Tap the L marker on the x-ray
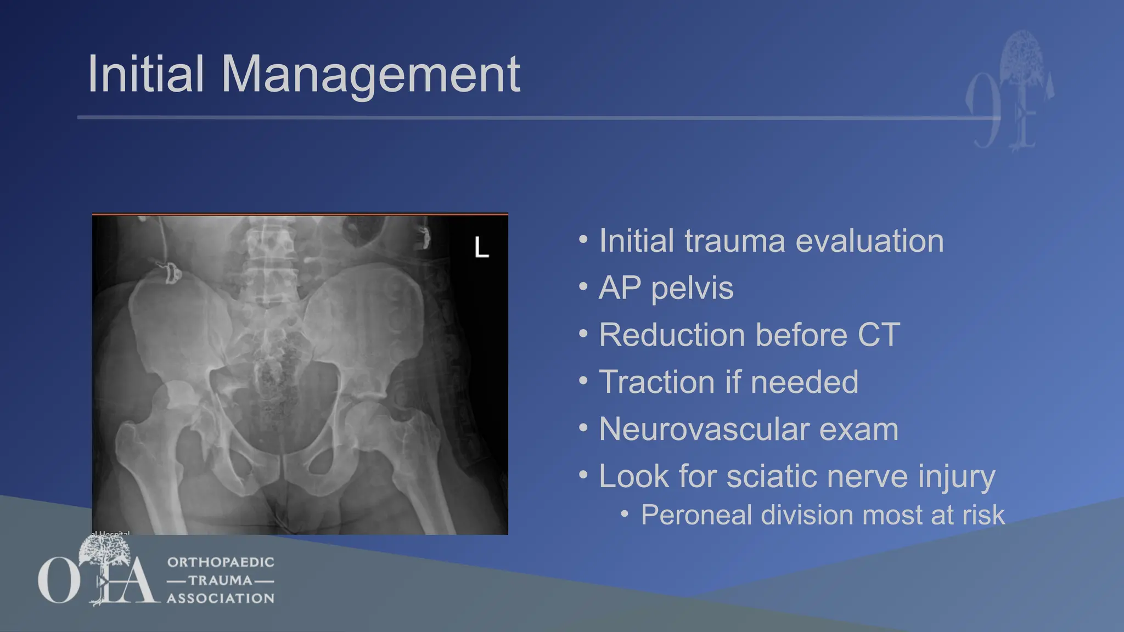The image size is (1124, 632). coord(481,247)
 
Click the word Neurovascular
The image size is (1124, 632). coord(704,429)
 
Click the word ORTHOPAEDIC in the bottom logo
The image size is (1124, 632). coord(221,562)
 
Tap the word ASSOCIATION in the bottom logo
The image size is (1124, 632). coord(221,598)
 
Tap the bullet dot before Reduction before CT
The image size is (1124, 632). coord(583,333)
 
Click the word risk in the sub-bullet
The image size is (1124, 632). coord(986,515)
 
